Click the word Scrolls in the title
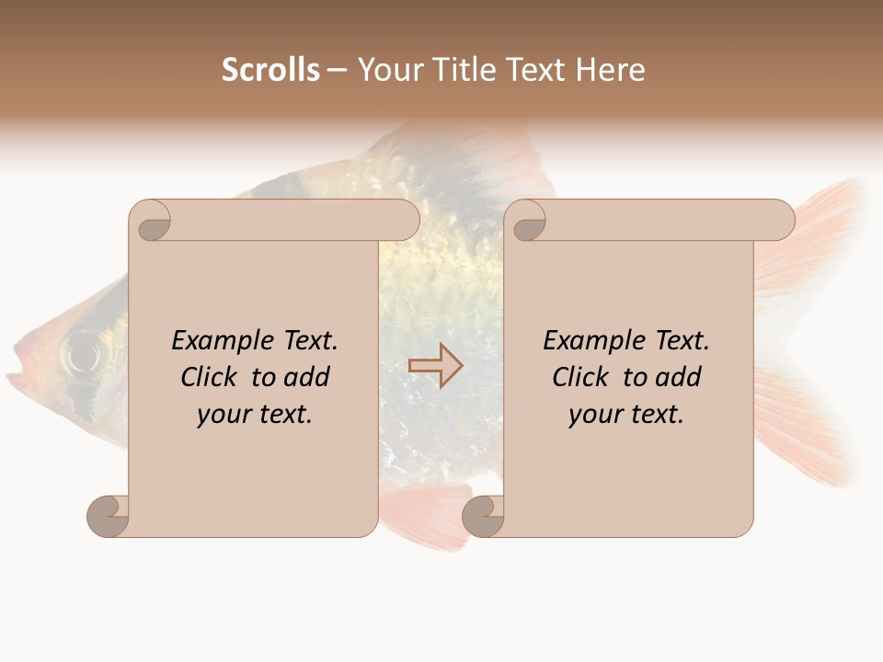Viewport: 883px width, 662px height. [270, 70]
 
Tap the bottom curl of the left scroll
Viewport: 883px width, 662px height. [109, 515]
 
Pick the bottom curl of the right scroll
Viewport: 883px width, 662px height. [483, 515]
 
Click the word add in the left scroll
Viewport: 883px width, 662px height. [307, 377]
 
